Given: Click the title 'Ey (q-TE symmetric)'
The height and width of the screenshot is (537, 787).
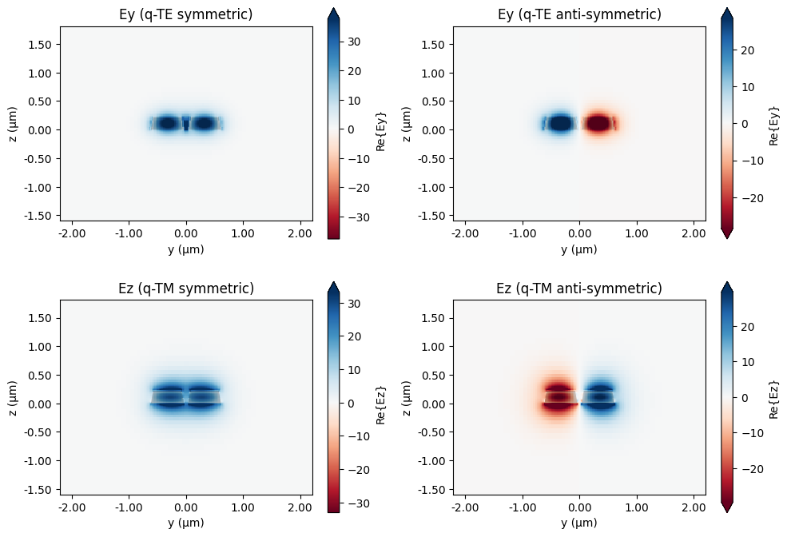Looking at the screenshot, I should tap(186, 14).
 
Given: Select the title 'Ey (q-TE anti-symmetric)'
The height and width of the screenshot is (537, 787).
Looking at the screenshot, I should tap(579, 14).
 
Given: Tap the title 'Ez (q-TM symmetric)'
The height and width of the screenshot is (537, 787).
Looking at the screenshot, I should tap(186, 288).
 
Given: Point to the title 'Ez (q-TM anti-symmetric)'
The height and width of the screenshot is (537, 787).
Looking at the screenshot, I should tap(579, 288).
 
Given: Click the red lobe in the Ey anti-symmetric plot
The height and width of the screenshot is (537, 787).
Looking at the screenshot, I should tap(598, 124).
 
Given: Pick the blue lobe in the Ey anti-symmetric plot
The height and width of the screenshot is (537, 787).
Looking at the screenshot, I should tap(561, 124).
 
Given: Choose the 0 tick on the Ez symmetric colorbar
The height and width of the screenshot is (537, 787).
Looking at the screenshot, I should tap(353, 404).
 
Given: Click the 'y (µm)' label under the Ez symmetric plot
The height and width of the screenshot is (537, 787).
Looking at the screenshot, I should tap(186, 523).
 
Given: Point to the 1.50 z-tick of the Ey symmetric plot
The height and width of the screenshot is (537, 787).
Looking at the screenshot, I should tap(39, 44).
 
